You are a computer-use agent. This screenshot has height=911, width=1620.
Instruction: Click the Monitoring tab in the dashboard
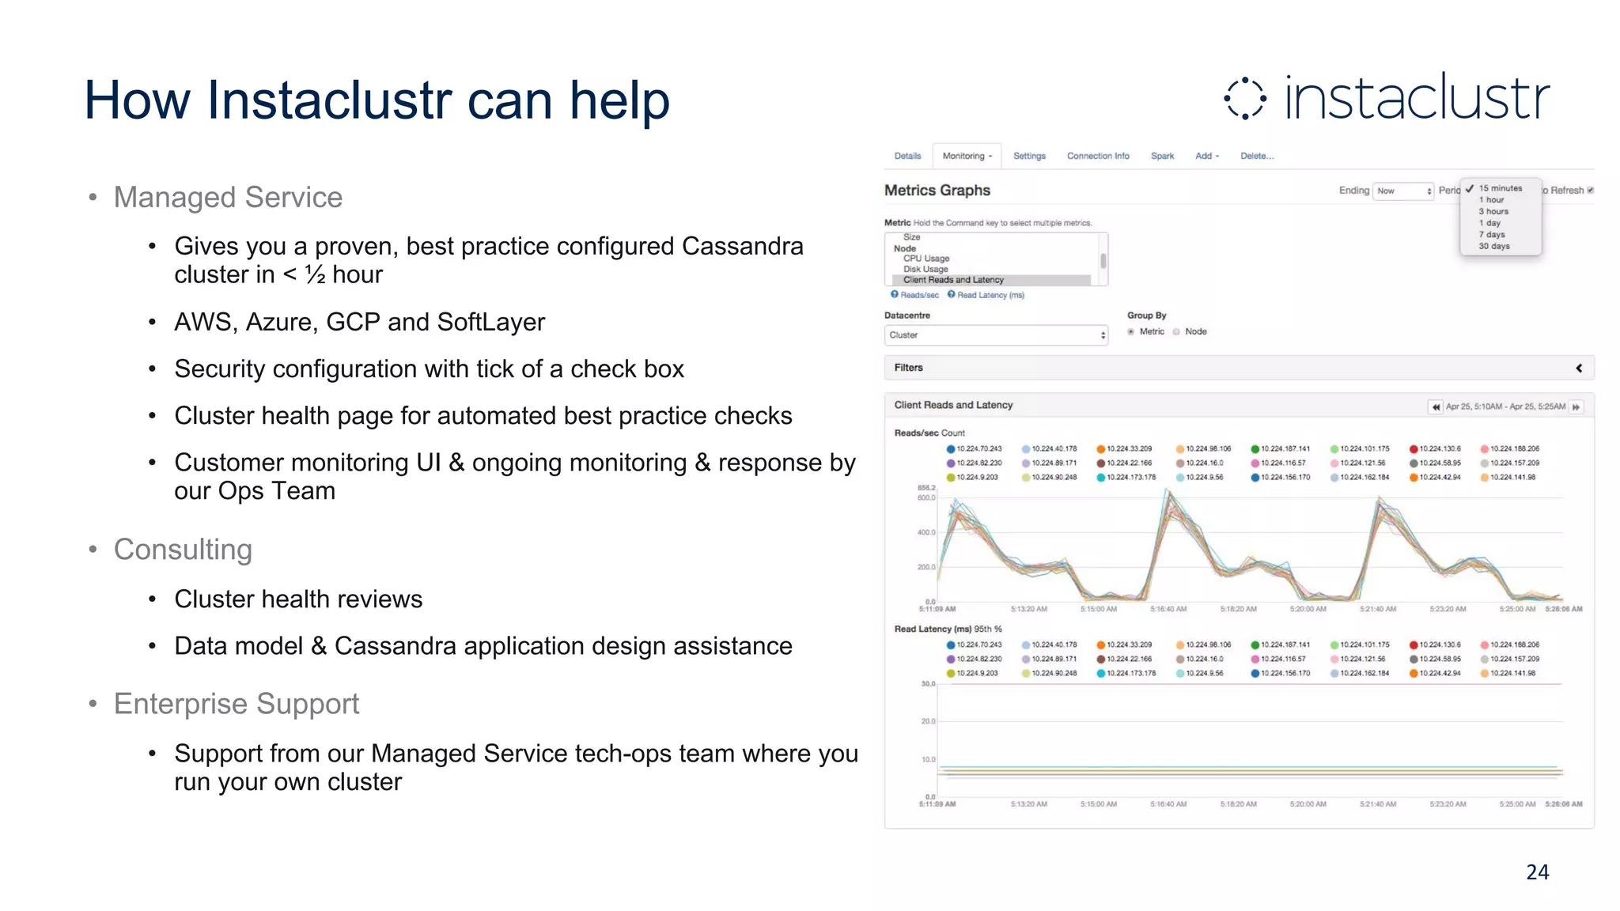click(966, 156)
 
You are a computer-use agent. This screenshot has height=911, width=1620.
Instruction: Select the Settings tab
click(1029, 156)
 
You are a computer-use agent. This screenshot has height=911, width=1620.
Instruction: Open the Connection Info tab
click(1098, 156)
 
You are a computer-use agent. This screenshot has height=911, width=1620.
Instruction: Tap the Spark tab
click(1162, 156)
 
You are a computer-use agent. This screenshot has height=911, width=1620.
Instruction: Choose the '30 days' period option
click(1494, 246)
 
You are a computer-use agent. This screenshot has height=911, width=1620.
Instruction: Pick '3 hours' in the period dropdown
click(1493, 211)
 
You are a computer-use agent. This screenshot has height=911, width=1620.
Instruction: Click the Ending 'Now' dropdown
click(1403, 191)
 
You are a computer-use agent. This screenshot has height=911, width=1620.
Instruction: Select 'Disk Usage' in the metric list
click(925, 269)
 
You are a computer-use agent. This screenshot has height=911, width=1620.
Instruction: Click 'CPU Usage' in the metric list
click(926, 259)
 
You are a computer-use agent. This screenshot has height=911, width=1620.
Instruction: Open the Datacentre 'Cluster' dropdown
click(996, 335)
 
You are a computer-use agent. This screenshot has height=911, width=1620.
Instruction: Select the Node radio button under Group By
click(1177, 332)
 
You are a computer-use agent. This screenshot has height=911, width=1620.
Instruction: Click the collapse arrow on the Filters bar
click(1579, 368)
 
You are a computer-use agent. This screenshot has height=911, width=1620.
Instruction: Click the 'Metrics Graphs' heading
click(937, 191)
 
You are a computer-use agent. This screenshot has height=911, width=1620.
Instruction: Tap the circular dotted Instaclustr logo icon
click(1245, 99)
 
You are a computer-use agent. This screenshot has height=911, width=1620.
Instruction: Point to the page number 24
click(1537, 871)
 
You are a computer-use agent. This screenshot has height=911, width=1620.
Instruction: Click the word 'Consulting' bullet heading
click(183, 550)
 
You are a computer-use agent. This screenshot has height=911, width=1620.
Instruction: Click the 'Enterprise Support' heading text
click(237, 704)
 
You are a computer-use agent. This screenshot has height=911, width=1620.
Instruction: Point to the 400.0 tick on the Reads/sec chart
click(926, 532)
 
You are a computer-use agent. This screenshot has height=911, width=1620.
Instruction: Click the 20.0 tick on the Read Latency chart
click(928, 721)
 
